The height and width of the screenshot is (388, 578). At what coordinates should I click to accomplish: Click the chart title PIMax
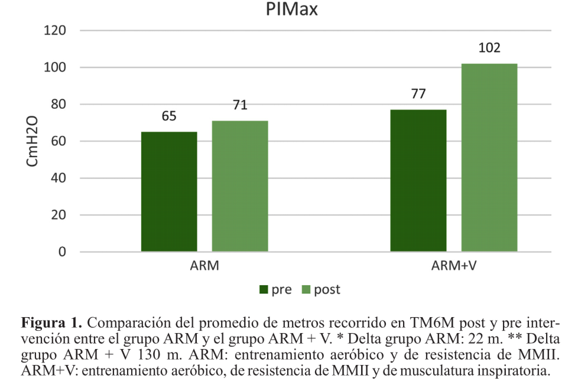click(x=292, y=9)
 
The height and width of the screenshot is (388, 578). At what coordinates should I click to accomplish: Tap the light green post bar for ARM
click(x=240, y=186)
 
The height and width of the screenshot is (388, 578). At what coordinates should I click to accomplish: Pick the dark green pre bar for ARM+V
click(x=418, y=180)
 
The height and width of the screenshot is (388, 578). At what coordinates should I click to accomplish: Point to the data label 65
click(x=169, y=116)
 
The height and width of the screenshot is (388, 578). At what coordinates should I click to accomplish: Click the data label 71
click(x=240, y=105)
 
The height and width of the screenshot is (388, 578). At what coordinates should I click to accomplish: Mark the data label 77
click(x=418, y=94)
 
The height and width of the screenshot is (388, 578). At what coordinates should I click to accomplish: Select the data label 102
click(x=489, y=48)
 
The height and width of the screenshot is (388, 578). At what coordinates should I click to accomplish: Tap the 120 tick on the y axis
click(x=55, y=30)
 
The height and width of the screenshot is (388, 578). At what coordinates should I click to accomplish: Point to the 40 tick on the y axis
click(x=58, y=178)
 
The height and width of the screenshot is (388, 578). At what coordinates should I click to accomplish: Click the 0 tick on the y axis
click(x=62, y=252)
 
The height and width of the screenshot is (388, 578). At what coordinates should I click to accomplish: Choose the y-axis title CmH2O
click(x=32, y=141)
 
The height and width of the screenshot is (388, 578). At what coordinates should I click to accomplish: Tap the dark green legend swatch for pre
click(x=264, y=290)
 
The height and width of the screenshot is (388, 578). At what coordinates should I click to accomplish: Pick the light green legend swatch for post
click(x=306, y=290)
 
